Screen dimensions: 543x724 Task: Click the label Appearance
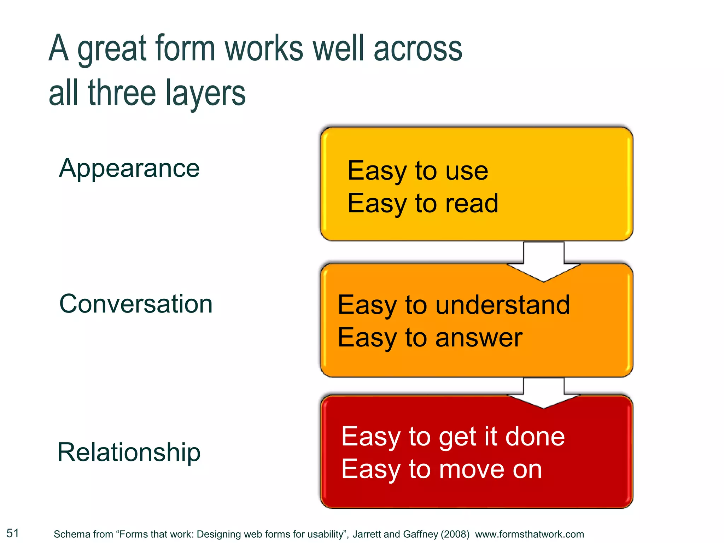pos(129,169)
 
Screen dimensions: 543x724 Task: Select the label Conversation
pos(136,304)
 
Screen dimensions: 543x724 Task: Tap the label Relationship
pos(129,452)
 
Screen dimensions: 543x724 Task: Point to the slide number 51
pos(13,533)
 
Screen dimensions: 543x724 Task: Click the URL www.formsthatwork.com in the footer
pos(529,534)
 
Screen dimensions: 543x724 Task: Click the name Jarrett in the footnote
pos(367,534)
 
